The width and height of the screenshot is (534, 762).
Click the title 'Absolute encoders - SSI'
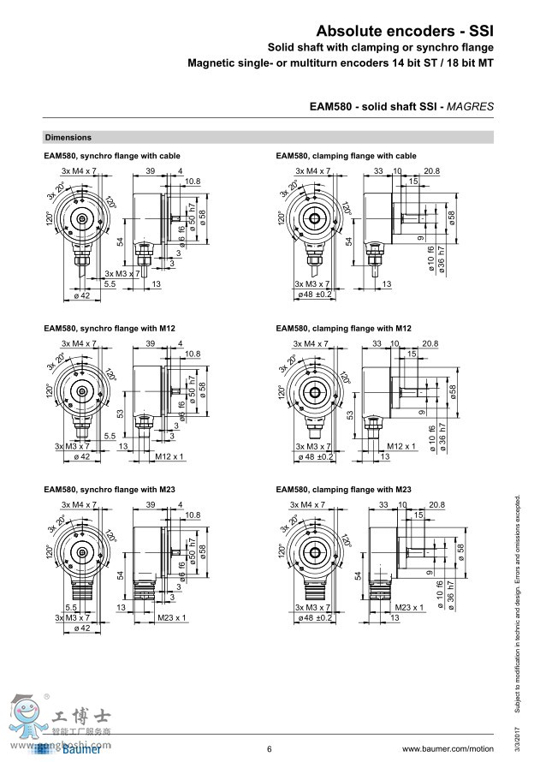pos(405,30)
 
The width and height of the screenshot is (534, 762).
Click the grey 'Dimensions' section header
pos(68,137)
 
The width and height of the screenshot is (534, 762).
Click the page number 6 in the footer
pos(269,749)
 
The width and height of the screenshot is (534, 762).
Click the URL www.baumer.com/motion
pos(448,749)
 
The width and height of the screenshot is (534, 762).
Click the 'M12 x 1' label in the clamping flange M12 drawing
pos(400,446)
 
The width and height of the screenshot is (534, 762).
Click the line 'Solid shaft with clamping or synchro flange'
pos(381,47)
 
